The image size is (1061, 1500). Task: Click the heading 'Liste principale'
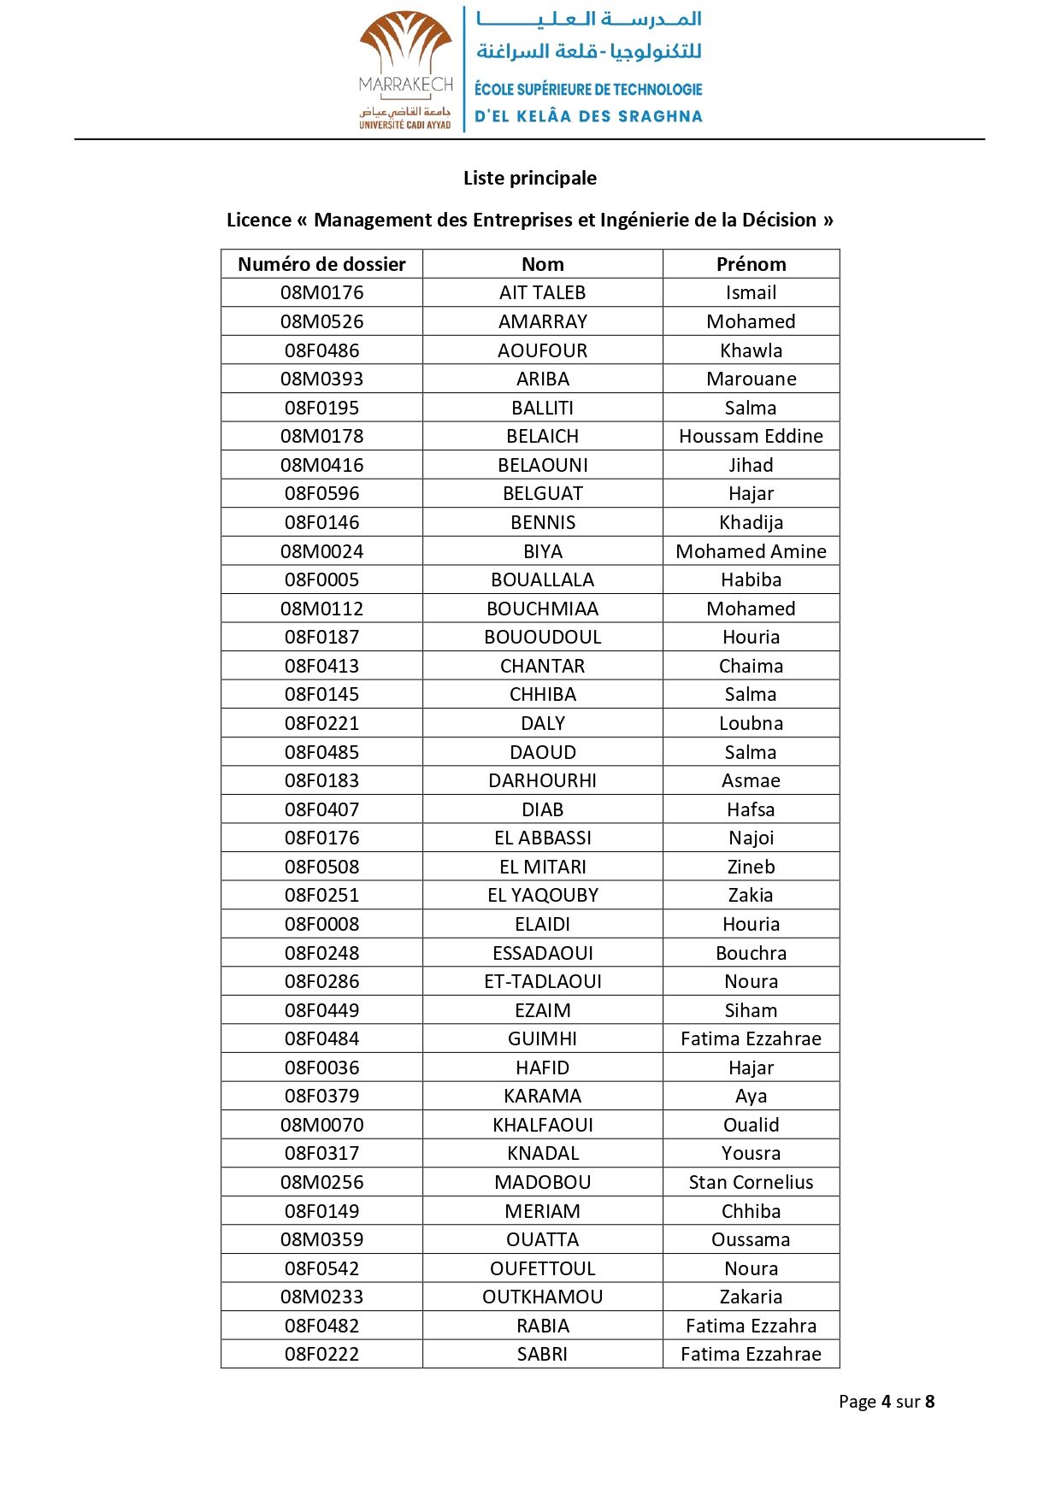coord(530,178)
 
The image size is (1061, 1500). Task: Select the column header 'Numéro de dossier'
coord(321,264)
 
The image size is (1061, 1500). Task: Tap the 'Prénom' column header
coord(751,264)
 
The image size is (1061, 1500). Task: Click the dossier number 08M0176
coord(321,292)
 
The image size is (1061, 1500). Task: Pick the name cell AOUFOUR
coord(542,350)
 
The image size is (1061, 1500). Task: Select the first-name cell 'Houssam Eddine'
coord(751,436)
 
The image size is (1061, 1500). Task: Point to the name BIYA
coord(542,551)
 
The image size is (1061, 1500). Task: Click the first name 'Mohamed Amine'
coord(751,551)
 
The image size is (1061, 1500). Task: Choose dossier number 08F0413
coord(321,666)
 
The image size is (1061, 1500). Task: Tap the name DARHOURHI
coord(542,780)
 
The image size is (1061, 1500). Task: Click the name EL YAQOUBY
coord(542,895)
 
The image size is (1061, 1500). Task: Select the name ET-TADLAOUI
coord(542,981)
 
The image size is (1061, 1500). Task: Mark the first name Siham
coord(751,1010)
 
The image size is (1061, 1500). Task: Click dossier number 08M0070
coord(321,1125)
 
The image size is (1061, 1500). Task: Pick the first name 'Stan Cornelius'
coord(751,1182)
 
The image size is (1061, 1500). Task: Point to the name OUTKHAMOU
coord(542,1297)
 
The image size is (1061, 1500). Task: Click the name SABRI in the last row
coord(542,1354)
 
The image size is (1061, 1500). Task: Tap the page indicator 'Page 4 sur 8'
coord(886,1402)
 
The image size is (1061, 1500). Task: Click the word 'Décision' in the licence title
coord(774,220)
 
